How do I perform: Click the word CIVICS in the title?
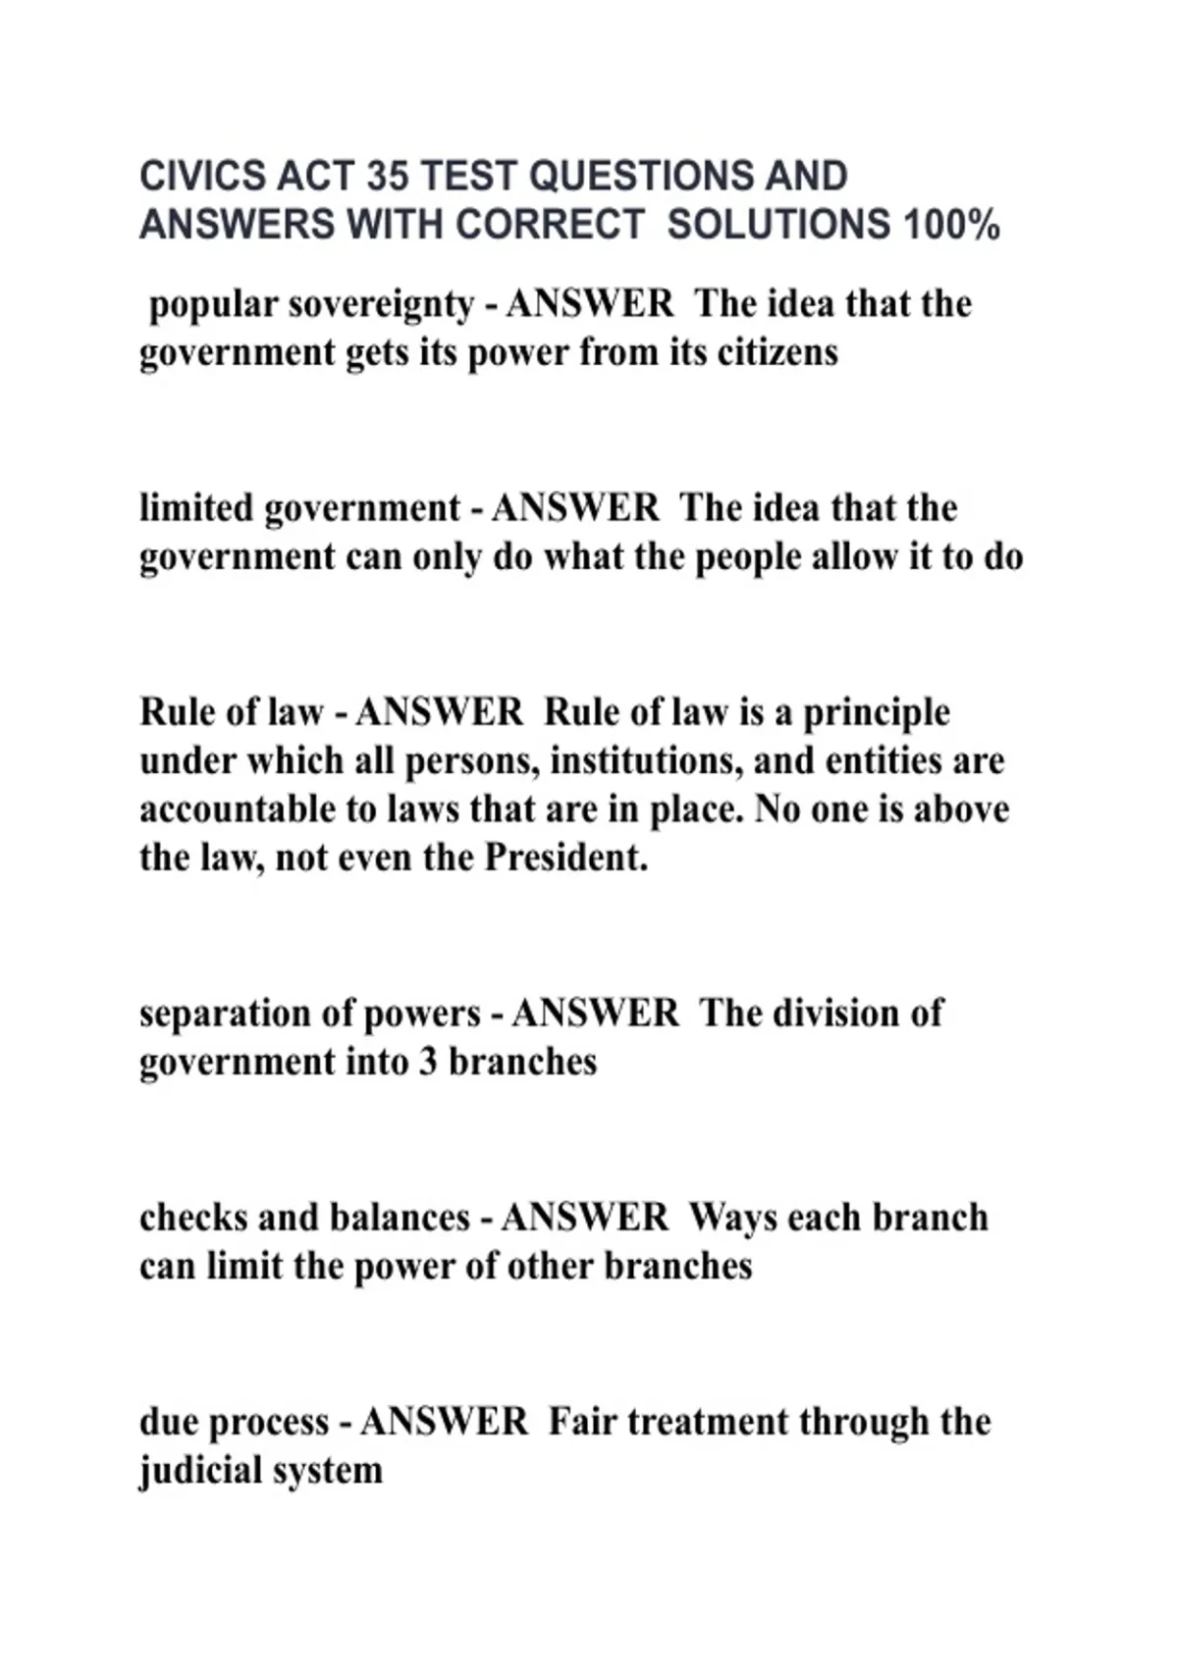202,177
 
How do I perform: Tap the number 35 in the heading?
388,177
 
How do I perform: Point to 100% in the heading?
951,225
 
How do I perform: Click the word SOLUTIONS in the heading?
777,225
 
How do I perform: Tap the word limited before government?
196,508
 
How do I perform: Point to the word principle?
877,713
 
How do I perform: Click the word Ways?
732,1218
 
